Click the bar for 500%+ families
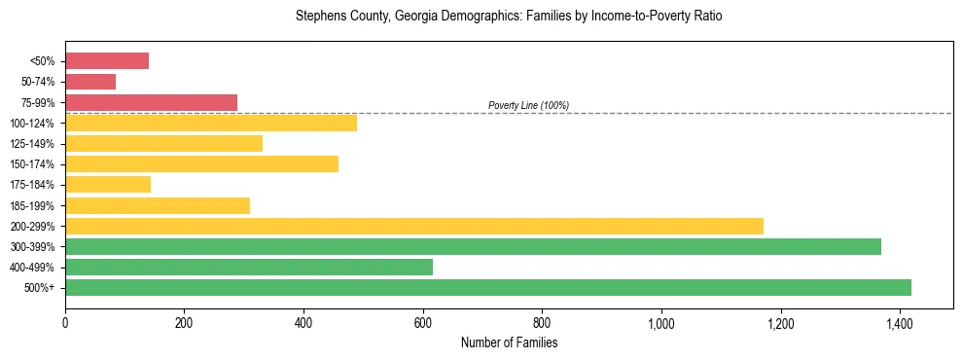pos(487,287)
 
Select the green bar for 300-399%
pos(473,246)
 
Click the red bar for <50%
pos(106,61)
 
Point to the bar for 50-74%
pos(89,82)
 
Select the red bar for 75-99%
pos(151,102)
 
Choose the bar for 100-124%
pos(210,123)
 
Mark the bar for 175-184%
pos(107,184)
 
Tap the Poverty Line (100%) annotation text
pos(528,105)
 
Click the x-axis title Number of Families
pos(509,342)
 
